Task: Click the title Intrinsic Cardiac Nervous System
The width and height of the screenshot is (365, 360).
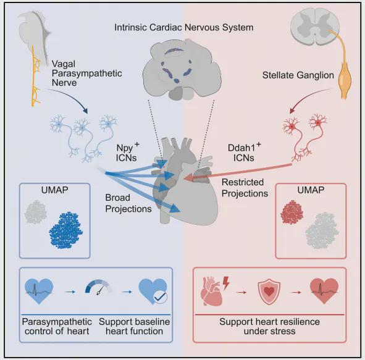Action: [183, 27]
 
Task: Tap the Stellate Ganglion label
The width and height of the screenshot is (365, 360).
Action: [298, 75]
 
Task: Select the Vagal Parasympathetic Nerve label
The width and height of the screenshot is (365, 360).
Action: [87, 73]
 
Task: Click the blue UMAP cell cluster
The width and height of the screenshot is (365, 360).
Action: [66, 230]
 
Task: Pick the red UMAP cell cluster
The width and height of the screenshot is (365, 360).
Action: [292, 212]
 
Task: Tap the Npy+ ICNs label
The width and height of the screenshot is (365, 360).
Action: [127, 152]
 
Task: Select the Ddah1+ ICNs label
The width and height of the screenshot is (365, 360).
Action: [244, 152]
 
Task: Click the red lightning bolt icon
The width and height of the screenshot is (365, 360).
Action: [226, 283]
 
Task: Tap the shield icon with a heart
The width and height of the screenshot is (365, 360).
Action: [269, 292]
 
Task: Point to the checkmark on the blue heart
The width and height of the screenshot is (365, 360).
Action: [161, 297]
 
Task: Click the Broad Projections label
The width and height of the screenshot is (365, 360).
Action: [128, 203]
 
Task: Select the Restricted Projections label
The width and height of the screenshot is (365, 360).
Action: [245, 188]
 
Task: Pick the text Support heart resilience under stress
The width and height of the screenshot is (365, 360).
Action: [269, 326]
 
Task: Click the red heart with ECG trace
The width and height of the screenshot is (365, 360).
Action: [324, 291]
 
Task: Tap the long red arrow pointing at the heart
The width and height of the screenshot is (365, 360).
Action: [237, 172]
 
